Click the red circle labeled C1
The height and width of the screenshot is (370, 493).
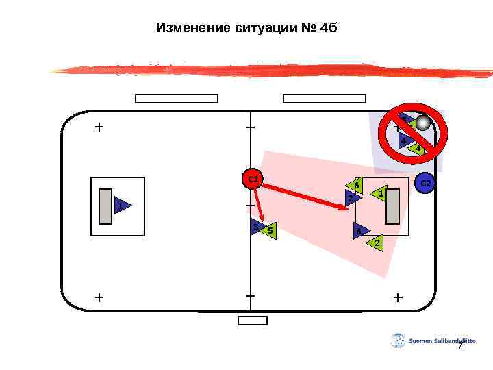(253, 180)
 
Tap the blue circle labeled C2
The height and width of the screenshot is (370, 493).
(425, 184)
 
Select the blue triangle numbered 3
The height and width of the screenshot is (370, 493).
(257, 227)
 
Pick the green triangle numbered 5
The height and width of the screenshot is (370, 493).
(269, 231)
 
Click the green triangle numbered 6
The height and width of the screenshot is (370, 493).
(355, 185)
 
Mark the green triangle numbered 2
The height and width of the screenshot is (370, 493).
(376, 243)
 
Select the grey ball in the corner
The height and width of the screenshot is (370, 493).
(423, 123)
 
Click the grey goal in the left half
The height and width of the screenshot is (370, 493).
(105, 206)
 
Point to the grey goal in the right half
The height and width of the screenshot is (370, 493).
(392, 206)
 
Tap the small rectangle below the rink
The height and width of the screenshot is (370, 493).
(253, 321)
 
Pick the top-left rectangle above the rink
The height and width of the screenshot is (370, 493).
(177, 99)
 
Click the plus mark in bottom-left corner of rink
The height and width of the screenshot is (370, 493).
(100, 297)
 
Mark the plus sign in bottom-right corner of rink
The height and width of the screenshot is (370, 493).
(399, 297)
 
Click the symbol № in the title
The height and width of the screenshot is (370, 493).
(309, 28)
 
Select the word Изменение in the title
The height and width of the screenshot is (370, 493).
(188, 28)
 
